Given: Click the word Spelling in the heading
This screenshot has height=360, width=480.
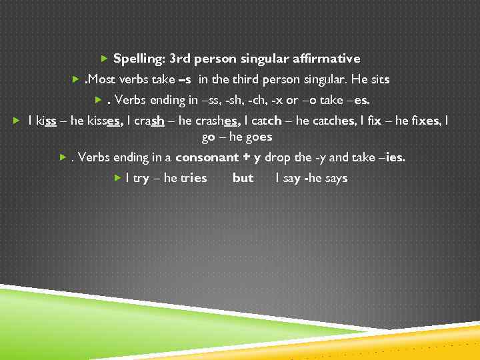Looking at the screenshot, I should click(138, 59).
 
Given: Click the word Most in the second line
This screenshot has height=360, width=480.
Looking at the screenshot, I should click(101, 80).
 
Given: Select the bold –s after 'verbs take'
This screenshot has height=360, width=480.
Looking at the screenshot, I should click(186, 80).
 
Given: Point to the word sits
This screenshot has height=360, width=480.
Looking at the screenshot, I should click(379, 80).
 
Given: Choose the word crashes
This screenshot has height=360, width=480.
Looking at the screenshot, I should click(217, 121).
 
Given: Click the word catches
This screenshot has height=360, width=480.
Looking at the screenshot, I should click(331, 121).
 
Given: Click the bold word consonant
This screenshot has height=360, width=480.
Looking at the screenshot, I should click(207, 158).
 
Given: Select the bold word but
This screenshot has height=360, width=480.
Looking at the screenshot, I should click(243, 179).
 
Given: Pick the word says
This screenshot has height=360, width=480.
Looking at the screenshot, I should click(335, 179).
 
